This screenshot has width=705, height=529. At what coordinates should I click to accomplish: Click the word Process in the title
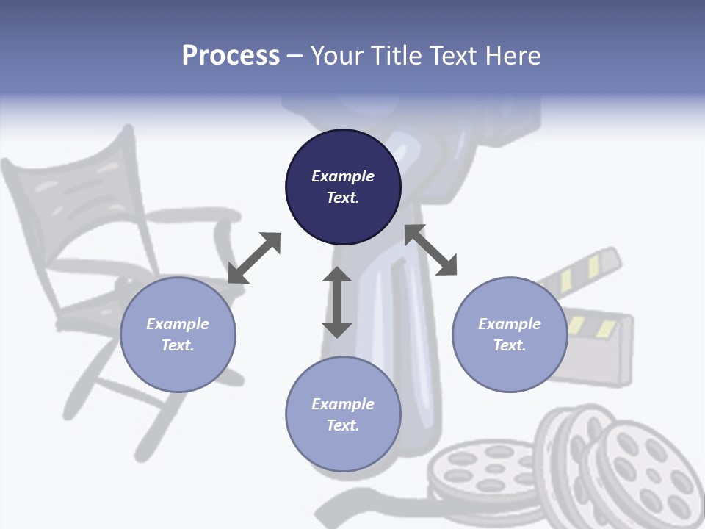click(231, 55)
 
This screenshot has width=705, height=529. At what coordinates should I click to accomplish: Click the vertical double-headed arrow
click(337, 303)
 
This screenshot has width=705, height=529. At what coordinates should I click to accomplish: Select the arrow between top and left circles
click(254, 258)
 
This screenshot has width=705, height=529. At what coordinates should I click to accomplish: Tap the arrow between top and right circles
click(431, 250)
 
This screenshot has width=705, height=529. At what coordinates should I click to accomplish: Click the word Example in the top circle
click(343, 176)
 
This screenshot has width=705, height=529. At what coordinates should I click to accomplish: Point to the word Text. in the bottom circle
click(343, 425)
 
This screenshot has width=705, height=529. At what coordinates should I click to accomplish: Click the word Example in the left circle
click(178, 324)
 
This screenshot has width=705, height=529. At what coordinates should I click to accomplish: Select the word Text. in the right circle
click(510, 345)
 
